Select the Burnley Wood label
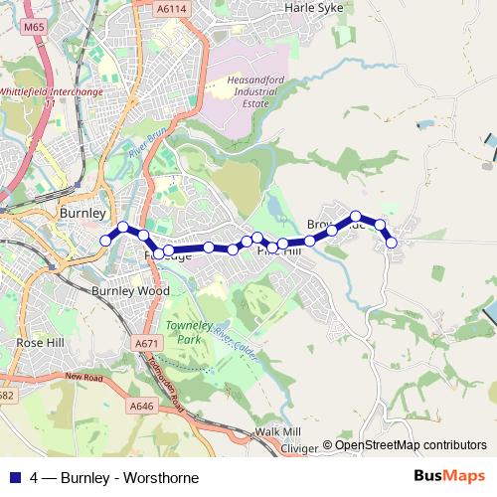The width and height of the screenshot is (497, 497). coord(125,291)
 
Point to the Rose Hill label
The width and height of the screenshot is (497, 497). coord(41,342)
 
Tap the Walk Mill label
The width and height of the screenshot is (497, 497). coord(277,431)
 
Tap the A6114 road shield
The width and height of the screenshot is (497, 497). coord(170,8)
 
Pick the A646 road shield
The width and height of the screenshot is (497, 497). coord(141,406)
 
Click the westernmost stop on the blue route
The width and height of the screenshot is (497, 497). coord(105,240)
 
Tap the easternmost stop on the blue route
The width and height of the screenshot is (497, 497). coord(392,243)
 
